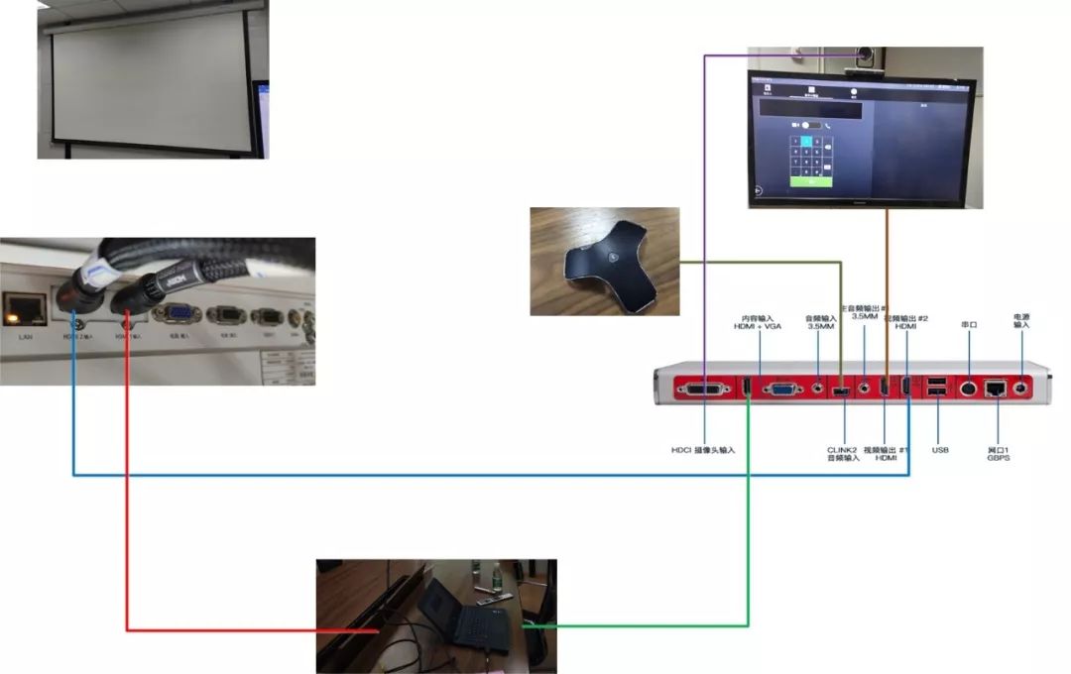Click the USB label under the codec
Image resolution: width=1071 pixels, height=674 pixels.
click(941, 450)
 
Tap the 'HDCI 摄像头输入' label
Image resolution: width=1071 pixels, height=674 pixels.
click(703, 450)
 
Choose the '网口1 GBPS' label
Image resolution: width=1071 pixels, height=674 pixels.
click(998, 453)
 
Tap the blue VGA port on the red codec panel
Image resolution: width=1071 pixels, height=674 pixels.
click(783, 390)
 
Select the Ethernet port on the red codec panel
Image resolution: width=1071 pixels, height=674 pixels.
click(997, 389)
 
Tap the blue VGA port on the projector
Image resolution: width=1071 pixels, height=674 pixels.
click(181, 314)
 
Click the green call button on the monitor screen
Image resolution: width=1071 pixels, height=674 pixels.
click(811, 182)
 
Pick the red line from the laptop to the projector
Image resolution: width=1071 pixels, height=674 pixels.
click(127, 496)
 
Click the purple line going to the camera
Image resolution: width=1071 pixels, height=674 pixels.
click(704, 248)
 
